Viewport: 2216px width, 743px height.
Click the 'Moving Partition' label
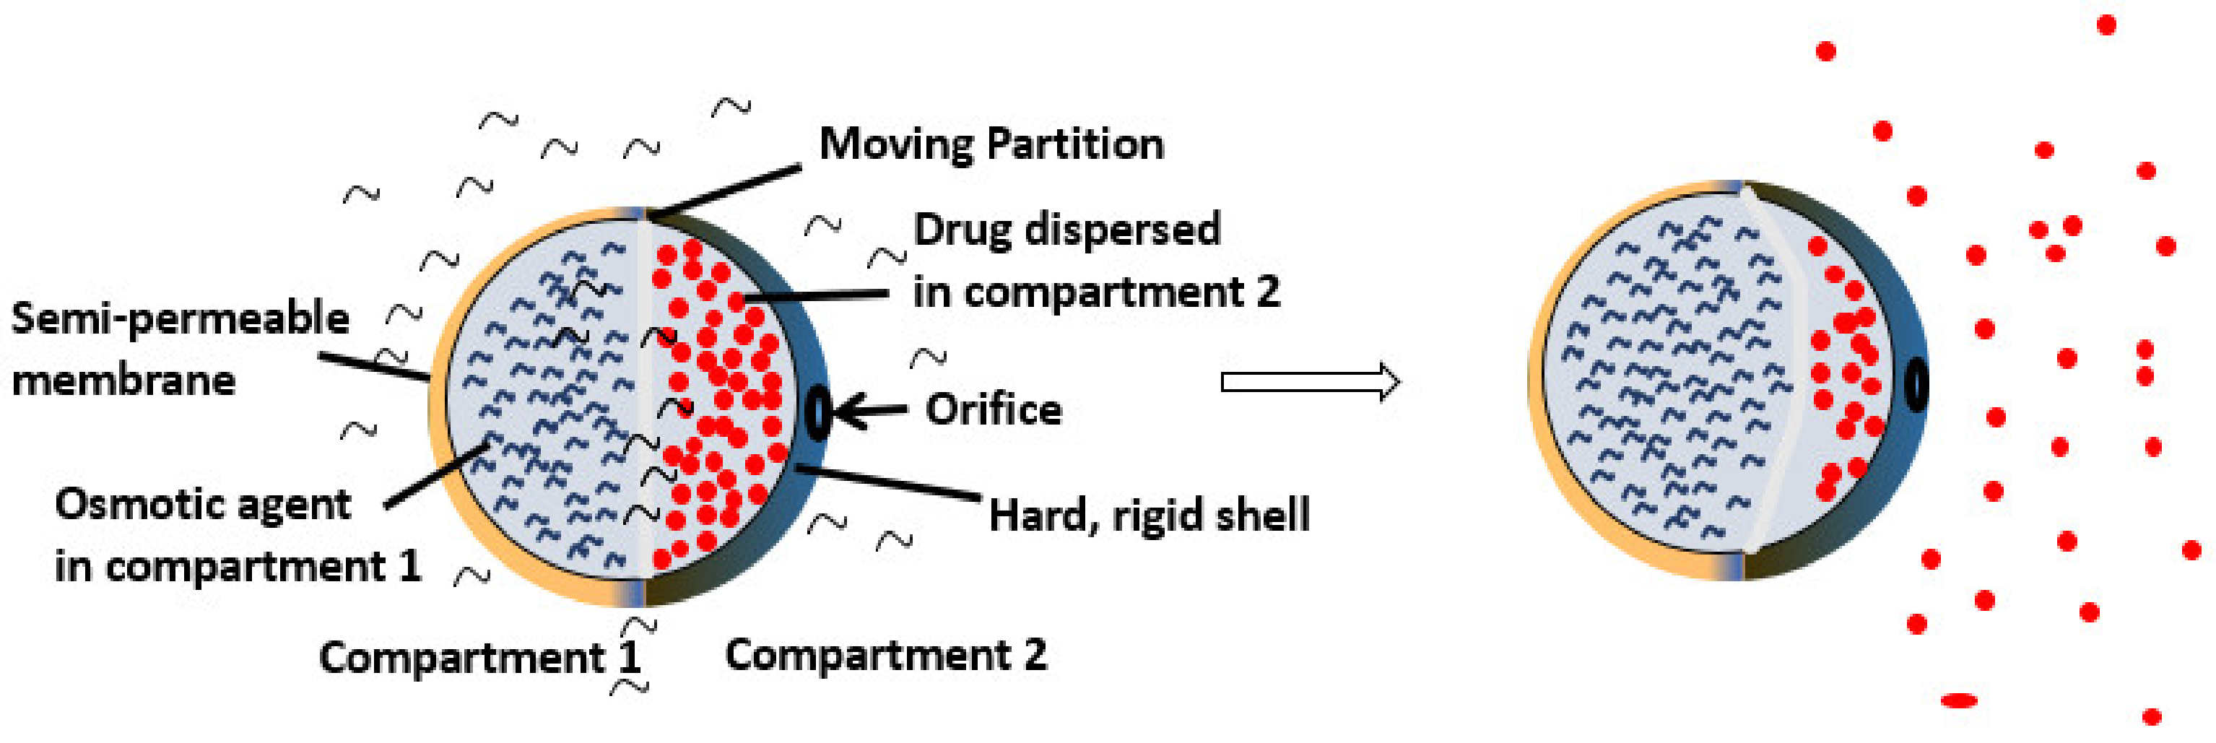(x=991, y=144)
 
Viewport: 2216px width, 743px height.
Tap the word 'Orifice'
(x=994, y=409)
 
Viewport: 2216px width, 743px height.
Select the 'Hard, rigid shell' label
(x=1148, y=515)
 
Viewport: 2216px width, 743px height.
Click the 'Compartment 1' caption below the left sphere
(x=479, y=658)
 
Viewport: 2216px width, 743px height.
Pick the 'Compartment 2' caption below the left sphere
(x=886, y=656)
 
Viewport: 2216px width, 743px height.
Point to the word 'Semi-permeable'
(x=180, y=319)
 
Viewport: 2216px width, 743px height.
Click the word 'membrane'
(x=123, y=380)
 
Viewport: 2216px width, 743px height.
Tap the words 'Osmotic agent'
(x=203, y=504)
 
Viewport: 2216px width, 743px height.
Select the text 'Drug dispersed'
(x=1066, y=230)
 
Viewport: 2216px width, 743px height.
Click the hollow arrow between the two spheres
(x=1310, y=381)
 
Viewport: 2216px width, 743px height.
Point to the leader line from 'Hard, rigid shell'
(x=886, y=482)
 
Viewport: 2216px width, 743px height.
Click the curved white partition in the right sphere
(x=1789, y=378)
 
